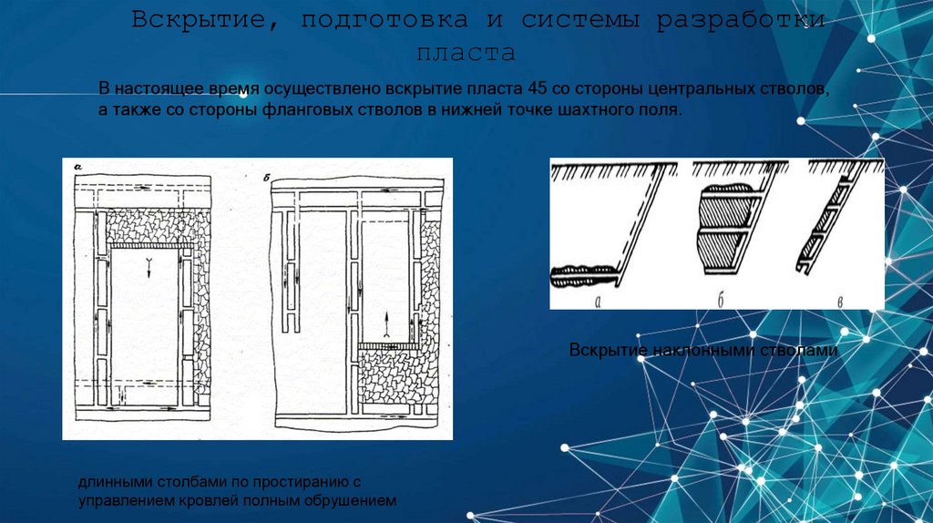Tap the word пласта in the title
466,54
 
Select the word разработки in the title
740,21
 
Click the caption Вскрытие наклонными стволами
703,350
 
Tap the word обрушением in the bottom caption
350,500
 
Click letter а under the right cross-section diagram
598,302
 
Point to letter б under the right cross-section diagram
721,301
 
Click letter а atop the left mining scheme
78,169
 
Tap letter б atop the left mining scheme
266,178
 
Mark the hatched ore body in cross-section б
723,230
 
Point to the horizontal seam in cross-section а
583,275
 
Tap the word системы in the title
580,21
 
